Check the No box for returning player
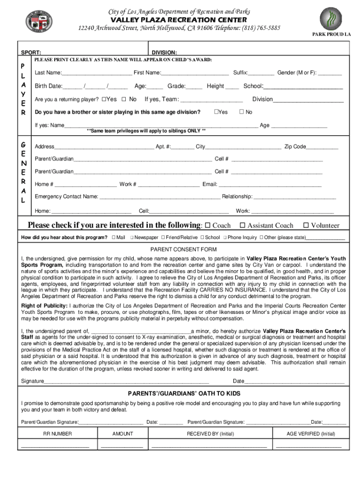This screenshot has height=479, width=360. [x=124, y=99]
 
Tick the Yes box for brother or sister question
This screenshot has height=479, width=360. [x=216, y=112]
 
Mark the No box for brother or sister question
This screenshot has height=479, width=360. [x=242, y=112]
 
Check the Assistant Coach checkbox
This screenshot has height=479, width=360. [x=242, y=225]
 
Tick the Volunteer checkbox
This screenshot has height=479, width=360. [x=306, y=225]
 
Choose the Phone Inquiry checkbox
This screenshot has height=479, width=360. [x=225, y=238]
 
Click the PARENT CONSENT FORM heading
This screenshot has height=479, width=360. [x=183, y=249]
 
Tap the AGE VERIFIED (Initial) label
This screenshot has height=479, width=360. [x=310, y=434]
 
